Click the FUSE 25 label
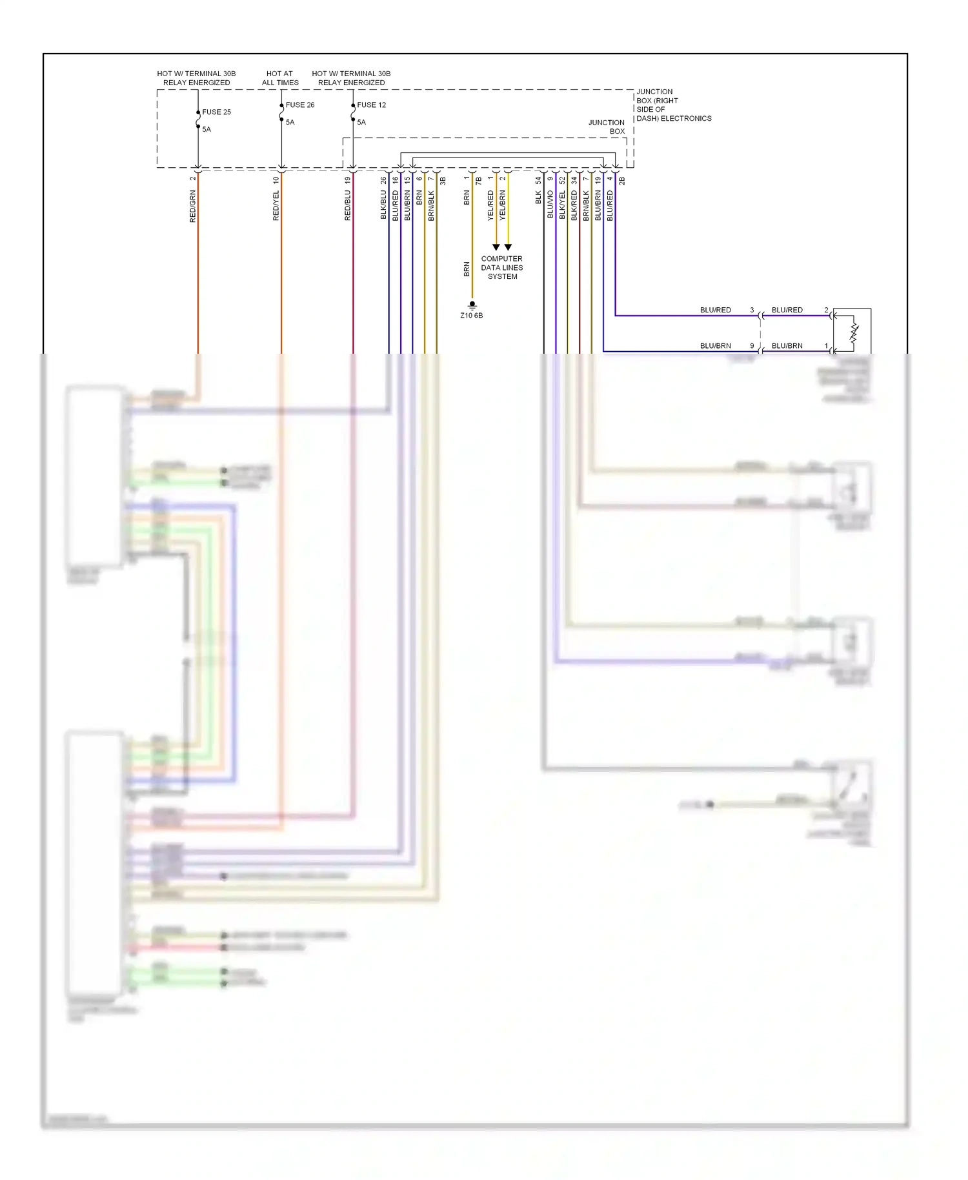[216, 112]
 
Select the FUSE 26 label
[300, 105]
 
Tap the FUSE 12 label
[371, 105]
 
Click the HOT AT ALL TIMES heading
[280, 78]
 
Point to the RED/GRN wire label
[192, 207]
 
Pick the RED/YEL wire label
[276, 206]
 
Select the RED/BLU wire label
[347, 205]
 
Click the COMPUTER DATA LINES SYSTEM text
[502, 267]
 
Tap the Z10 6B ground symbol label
[471, 315]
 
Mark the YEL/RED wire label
[490, 205]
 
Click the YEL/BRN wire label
[503, 205]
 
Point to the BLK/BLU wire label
[383, 205]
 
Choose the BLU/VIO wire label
[550, 204]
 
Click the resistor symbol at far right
[854, 333]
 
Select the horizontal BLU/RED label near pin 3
[716, 310]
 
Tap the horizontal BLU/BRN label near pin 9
[716, 345]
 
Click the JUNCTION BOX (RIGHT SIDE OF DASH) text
[673, 105]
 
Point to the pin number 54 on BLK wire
[538, 181]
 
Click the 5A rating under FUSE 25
[207, 129]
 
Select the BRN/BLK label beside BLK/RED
[586, 205]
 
